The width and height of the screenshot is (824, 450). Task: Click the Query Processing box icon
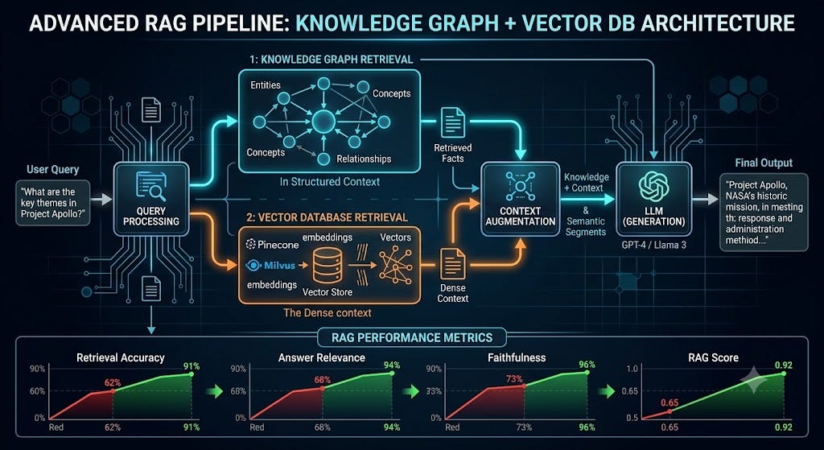click(x=150, y=187)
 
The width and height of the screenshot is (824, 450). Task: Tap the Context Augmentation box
click(x=521, y=199)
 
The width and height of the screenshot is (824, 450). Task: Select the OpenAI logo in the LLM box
click(x=653, y=186)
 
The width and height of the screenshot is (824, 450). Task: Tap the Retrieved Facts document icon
click(x=452, y=122)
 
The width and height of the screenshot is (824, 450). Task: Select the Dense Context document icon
click(x=452, y=264)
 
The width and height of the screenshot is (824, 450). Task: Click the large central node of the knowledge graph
click(x=323, y=122)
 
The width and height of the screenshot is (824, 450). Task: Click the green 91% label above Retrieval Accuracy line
click(x=192, y=366)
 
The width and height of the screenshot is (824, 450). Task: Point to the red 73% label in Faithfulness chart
click(x=513, y=378)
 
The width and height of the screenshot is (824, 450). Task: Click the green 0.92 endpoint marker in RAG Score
click(x=784, y=374)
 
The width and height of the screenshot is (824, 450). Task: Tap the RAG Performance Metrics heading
click(x=412, y=337)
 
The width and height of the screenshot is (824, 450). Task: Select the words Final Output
click(x=764, y=163)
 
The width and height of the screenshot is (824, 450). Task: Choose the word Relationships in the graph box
click(x=364, y=159)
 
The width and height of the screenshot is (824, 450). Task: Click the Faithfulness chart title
click(x=517, y=357)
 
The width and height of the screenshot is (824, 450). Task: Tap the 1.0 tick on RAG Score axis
click(x=632, y=369)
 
